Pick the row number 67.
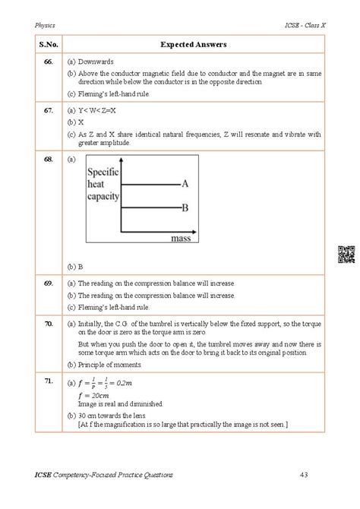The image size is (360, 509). click(x=49, y=110)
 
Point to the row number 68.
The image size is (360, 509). click(x=49, y=160)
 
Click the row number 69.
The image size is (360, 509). click(x=49, y=283)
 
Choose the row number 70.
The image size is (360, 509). click(x=49, y=323)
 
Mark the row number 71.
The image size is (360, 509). click(x=49, y=379)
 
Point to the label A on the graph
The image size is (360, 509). click(x=185, y=184)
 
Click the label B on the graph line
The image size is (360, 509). click(x=185, y=207)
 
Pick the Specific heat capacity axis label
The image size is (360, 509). click(x=104, y=186)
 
